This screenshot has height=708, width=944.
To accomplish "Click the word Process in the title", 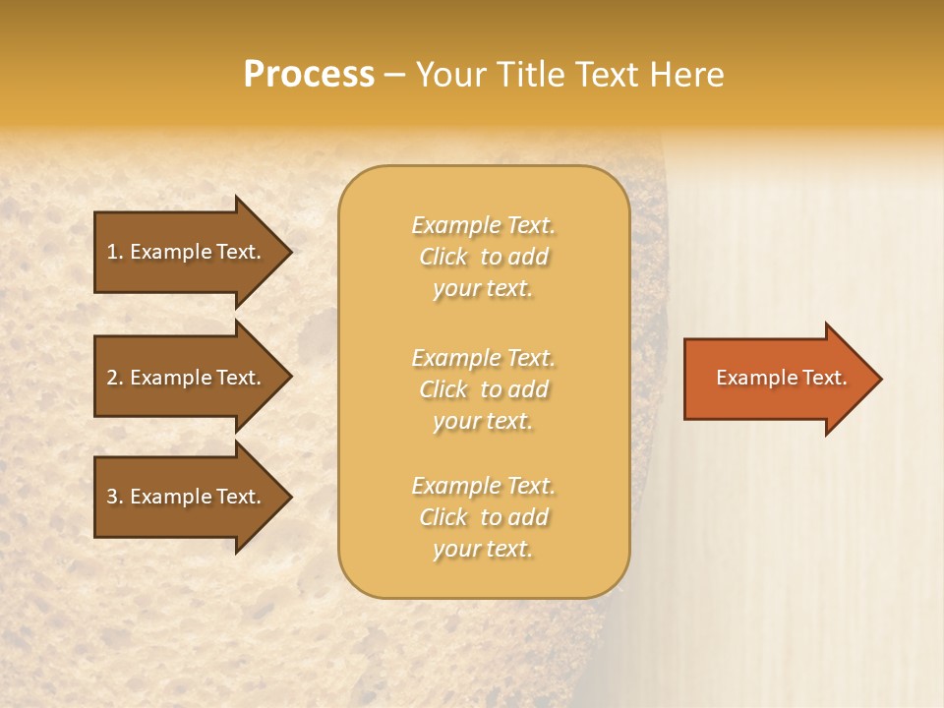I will click(x=309, y=75).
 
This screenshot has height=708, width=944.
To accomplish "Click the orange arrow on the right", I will click(x=777, y=378).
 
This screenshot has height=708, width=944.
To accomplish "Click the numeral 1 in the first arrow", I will click(x=112, y=252).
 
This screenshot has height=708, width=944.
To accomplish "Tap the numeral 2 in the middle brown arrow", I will click(x=112, y=378).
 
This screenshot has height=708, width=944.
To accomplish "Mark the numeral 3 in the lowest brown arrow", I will click(x=112, y=497).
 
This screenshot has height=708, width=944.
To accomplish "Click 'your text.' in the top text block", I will click(x=483, y=289).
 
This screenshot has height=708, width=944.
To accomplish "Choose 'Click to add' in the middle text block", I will click(x=483, y=389).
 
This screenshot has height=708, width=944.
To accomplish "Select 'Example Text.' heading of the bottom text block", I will click(x=483, y=486).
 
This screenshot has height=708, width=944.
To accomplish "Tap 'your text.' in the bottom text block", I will click(x=483, y=550).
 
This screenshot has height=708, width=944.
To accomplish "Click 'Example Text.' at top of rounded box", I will click(x=483, y=225).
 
